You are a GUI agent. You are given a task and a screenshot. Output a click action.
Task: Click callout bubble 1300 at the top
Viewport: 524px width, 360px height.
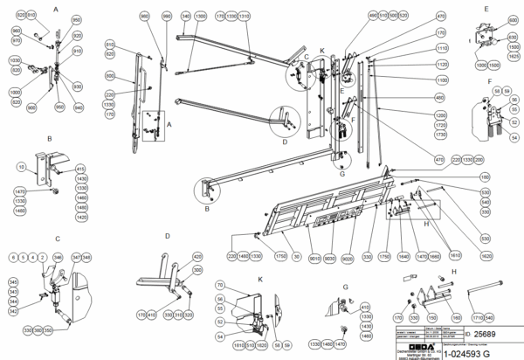(201, 17)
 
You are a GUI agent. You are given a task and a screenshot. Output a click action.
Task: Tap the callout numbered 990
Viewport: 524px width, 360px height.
(167, 17)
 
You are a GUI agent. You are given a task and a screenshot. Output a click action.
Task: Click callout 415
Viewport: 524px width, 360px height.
(80, 168)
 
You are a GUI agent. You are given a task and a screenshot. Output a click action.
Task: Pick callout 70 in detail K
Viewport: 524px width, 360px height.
(220, 286)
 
